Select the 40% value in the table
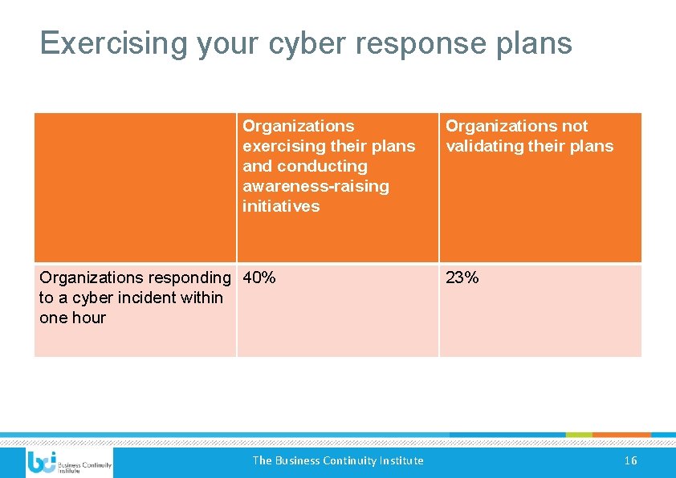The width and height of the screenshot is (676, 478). click(x=259, y=277)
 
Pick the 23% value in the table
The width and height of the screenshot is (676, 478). click(x=462, y=277)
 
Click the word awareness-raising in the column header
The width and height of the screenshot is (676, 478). click(x=316, y=186)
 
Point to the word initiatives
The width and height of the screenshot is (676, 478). click(x=281, y=206)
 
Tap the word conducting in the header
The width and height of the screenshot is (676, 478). click(x=322, y=166)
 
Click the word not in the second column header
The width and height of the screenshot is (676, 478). click(x=575, y=126)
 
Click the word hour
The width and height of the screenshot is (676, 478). click(x=89, y=318)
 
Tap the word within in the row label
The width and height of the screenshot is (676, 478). click(x=202, y=298)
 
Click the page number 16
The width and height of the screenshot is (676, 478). click(x=630, y=460)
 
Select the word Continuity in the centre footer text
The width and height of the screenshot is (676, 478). click(x=355, y=460)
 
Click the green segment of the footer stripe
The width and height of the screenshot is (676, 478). click(x=579, y=435)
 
